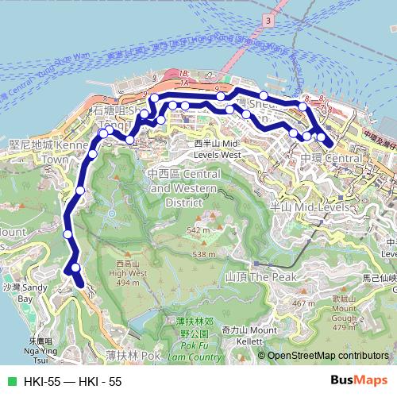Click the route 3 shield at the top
pos(269,19)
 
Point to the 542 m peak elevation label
pos(198,230)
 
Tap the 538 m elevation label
pos(203,254)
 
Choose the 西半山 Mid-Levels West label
pos(217,148)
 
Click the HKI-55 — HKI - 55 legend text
pos(72,382)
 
